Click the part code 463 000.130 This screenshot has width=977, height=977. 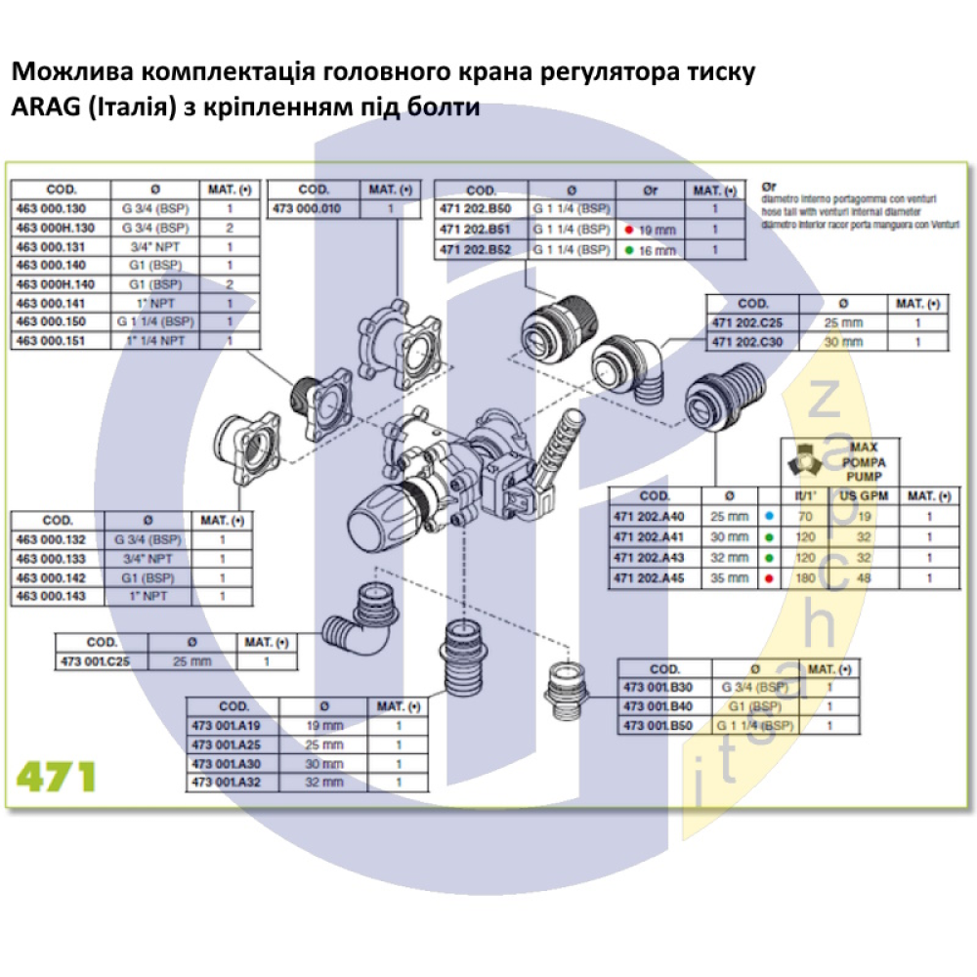point(51,208)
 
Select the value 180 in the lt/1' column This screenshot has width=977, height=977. point(808,578)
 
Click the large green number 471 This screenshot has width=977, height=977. point(56,777)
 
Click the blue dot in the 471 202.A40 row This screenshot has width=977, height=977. point(770,517)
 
